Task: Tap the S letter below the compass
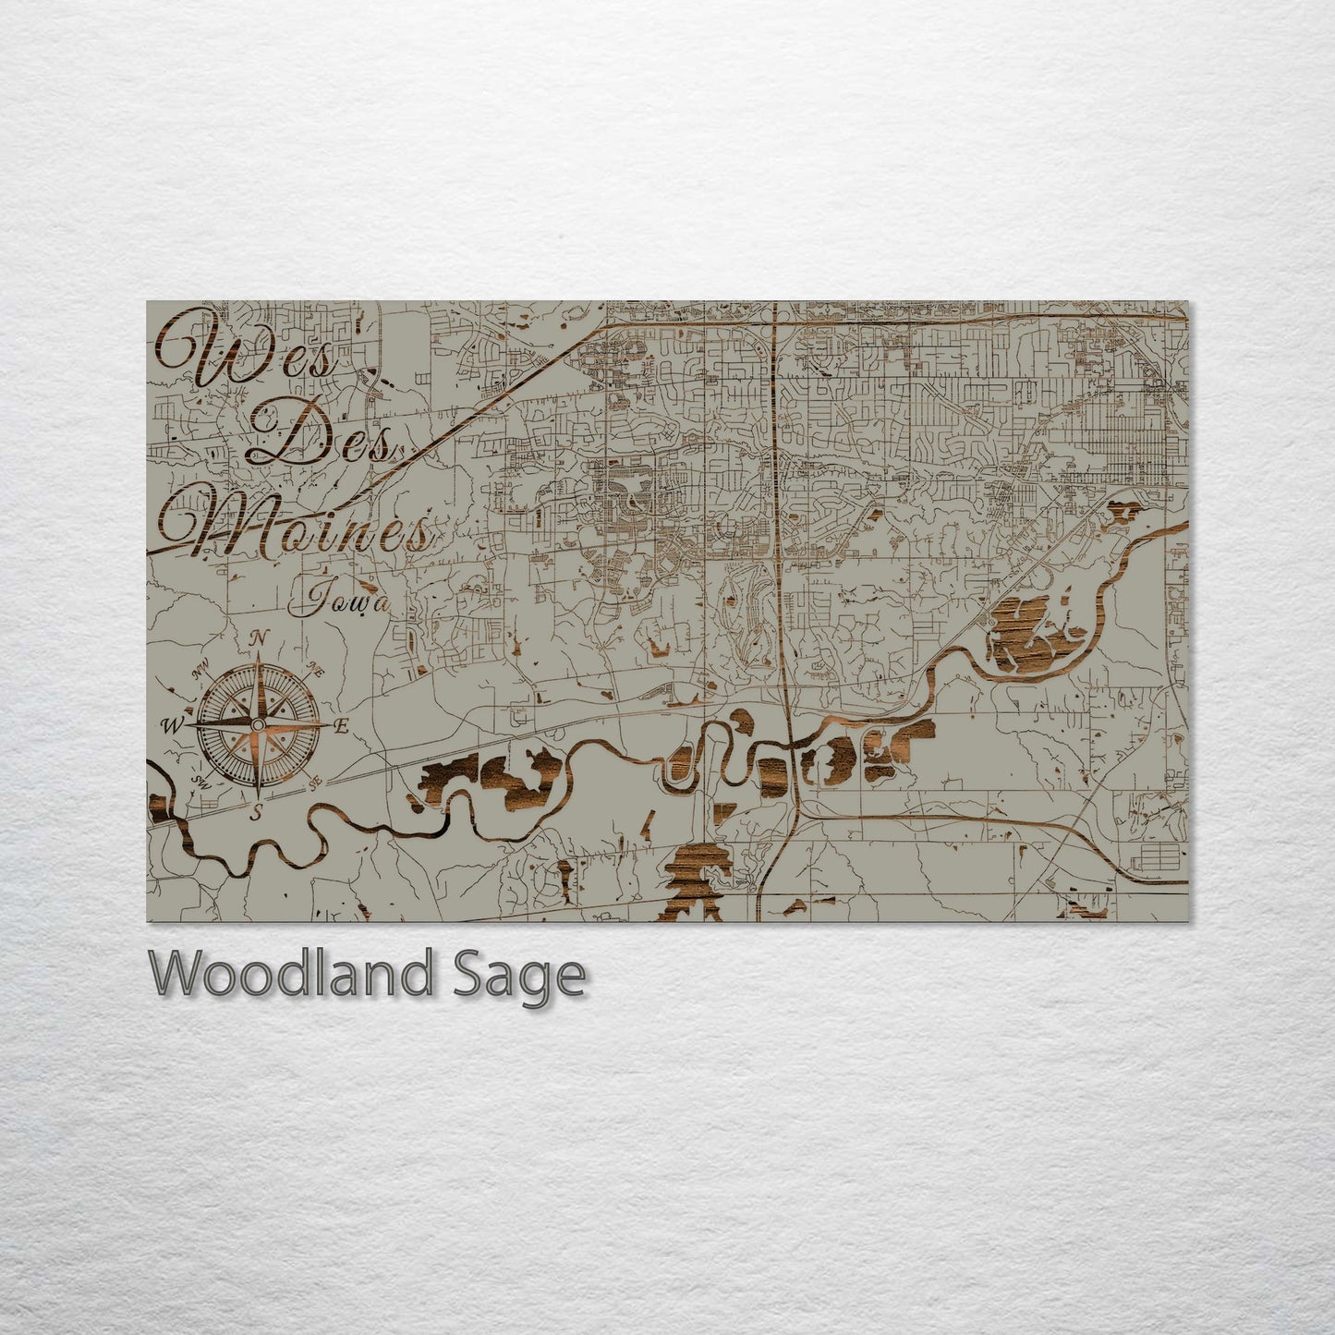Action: point(258,811)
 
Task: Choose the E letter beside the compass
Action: point(340,727)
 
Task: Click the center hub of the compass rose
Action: point(258,726)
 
